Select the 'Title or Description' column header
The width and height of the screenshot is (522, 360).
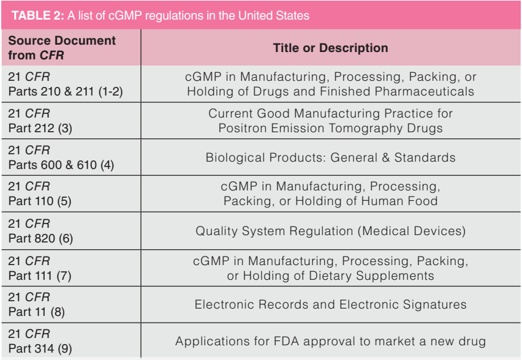point(330,47)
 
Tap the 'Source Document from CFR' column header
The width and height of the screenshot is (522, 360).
point(61,47)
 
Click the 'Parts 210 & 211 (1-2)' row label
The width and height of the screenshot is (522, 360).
point(61,91)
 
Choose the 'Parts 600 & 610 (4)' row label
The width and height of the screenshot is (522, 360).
point(57,164)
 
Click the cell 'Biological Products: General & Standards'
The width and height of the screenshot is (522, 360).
point(330,157)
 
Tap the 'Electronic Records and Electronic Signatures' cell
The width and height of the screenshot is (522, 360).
point(330,304)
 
